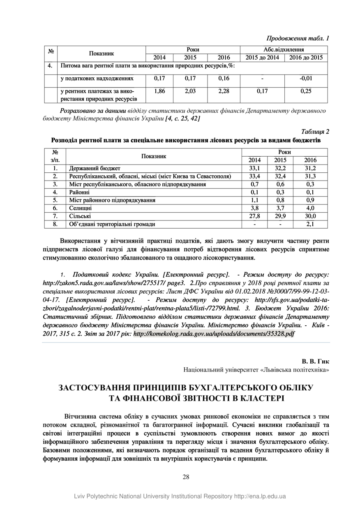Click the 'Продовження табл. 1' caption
click(298, 39)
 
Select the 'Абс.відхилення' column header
click(284, 49)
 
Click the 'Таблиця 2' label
click(315, 132)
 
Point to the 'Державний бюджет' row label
click(95, 168)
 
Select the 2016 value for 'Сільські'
click(310, 216)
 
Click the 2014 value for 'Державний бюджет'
click(255, 168)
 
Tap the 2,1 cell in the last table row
click(310, 224)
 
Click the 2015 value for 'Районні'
click(280, 192)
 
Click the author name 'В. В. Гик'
click(316, 361)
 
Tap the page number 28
click(186, 477)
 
